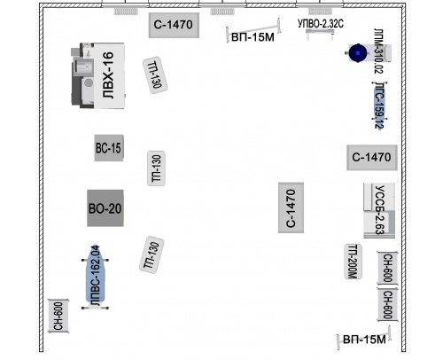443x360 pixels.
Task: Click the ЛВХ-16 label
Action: pyautogui.click(x=108, y=75)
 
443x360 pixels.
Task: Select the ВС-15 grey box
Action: pyautogui.click(x=109, y=148)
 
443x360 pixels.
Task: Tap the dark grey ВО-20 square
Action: pyautogui.click(x=105, y=208)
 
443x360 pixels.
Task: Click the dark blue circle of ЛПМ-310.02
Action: pyautogui.click(x=358, y=53)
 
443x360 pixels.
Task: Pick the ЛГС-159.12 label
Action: pyautogui.click(x=379, y=106)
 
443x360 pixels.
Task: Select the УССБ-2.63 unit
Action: pyautogui.click(x=379, y=210)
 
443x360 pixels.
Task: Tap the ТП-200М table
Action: pyautogui.click(x=354, y=262)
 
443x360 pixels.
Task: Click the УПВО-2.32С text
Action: pyautogui.click(x=321, y=24)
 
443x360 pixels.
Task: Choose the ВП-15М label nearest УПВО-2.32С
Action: pyautogui.click(x=253, y=37)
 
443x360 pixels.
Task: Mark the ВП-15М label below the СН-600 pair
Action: pyautogui.click(x=364, y=340)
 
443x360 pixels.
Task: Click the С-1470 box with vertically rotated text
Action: pyautogui.click(x=291, y=207)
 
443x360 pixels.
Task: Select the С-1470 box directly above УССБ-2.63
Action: pyautogui.click(x=372, y=158)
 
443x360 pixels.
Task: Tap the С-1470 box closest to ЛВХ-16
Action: pyautogui.click(x=174, y=25)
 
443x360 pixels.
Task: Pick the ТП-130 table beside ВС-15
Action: pyautogui.click(x=156, y=168)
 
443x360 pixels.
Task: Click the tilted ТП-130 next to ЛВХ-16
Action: pyautogui.click(x=155, y=75)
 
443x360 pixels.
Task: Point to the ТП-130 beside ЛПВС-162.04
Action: pyautogui.click(x=152, y=254)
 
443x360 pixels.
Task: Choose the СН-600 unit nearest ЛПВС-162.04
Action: pyautogui.click(x=58, y=316)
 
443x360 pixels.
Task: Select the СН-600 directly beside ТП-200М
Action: pyautogui.click(x=387, y=268)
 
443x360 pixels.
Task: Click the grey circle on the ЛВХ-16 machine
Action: pyautogui.click(x=89, y=82)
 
